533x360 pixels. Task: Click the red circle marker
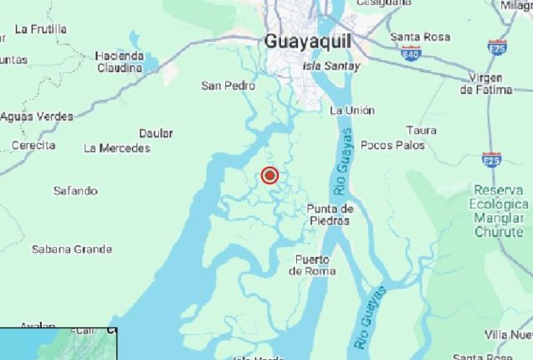coord(269,176)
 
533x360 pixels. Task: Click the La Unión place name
coord(352,111)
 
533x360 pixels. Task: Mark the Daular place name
coord(156,133)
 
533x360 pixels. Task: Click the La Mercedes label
coord(117,148)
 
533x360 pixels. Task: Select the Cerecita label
coord(33,145)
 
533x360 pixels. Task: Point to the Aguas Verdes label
coord(36,116)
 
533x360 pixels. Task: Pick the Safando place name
coord(75,191)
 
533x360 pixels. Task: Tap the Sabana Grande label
coord(72,249)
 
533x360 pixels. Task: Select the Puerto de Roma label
coord(312,265)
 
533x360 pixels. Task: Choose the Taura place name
coord(421,130)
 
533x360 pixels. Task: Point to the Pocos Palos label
coord(392,145)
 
